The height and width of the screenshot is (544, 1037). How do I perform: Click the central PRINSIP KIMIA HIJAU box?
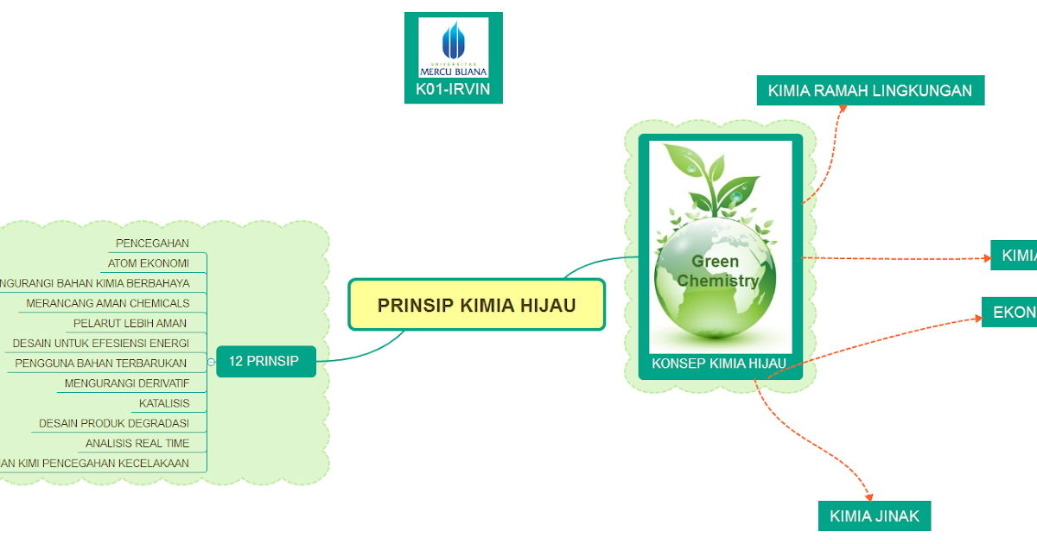coord(476,305)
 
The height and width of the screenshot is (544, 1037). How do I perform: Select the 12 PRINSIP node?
coord(264,361)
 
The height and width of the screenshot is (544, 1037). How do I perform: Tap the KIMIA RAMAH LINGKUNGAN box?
coord(869,90)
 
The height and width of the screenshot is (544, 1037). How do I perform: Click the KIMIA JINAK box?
coord(874,516)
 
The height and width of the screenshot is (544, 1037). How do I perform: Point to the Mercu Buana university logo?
coord(453,48)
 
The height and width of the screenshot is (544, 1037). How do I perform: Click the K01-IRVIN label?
coord(453,89)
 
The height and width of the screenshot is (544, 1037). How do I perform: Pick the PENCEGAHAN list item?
coord(152,243)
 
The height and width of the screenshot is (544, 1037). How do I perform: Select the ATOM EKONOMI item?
coord(149,263)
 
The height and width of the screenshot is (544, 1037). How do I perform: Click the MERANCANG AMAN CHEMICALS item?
coord(108,303)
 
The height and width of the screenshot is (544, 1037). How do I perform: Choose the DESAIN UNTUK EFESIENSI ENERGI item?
coord(100,343)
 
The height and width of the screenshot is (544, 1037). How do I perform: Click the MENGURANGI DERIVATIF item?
coord(127,383)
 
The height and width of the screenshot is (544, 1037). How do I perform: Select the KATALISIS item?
coord(164,402)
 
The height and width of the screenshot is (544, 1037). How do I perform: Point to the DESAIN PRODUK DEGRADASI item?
coord(114,423)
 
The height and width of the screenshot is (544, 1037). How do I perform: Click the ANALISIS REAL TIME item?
coord(137,443)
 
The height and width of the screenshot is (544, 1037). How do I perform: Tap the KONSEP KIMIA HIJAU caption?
coord(718,364)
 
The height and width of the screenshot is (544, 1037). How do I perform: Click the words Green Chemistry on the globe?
coord(717,270)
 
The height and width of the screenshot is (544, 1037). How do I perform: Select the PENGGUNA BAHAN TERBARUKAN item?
coord(101,363)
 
